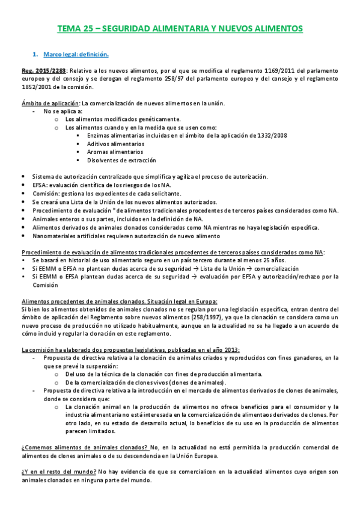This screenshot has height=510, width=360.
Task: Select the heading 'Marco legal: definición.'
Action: pos(76,55)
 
